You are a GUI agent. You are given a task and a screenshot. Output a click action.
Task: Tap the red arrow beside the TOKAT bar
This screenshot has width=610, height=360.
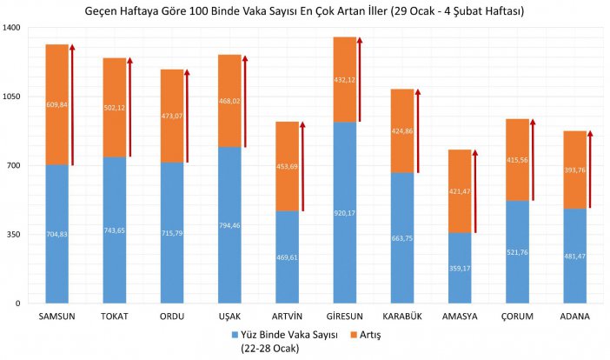(x=129, y=108)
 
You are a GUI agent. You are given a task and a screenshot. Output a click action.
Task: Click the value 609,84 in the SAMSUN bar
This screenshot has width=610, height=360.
(x=56, y=104)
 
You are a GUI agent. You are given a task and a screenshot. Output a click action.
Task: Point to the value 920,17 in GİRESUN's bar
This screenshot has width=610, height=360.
(x=344, y=212)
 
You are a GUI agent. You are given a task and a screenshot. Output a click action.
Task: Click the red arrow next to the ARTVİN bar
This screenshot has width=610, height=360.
(x=302, y=166)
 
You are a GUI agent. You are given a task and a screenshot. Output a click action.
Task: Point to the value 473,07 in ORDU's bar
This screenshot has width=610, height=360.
(x=172, y=116)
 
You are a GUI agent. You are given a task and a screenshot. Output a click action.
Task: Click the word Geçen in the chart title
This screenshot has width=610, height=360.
(x=104, y=11)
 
